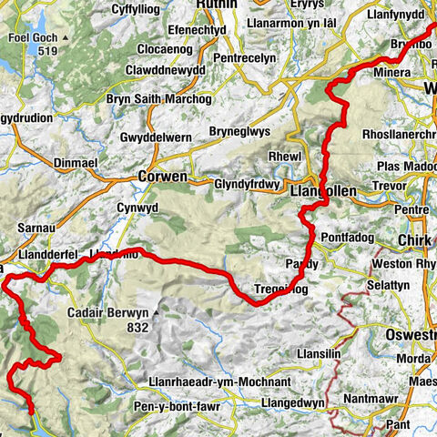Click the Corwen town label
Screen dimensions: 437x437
click(162, 176)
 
